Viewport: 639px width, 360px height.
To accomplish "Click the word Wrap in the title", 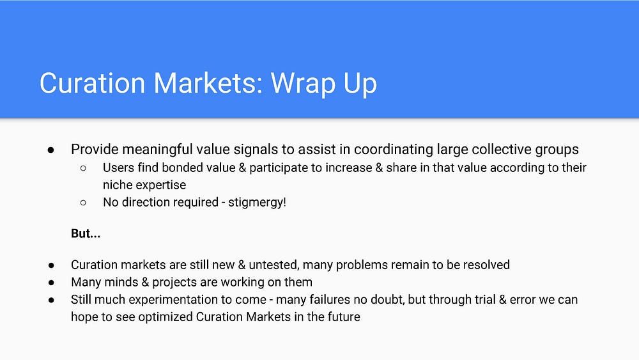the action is click(303, 84).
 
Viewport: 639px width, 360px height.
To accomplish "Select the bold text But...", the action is click(86, 233).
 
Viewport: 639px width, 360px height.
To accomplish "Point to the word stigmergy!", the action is click(257, 202).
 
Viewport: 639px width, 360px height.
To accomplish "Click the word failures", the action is click(330, 300).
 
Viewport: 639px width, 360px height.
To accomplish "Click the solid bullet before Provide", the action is click(51, 150).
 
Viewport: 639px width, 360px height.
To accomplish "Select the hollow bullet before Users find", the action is click(84, 168).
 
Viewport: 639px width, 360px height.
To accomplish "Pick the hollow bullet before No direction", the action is click(84, 203).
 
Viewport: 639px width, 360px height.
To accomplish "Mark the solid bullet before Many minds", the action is click(51, 283).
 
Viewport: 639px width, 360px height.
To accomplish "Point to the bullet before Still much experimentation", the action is click(51, 300).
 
